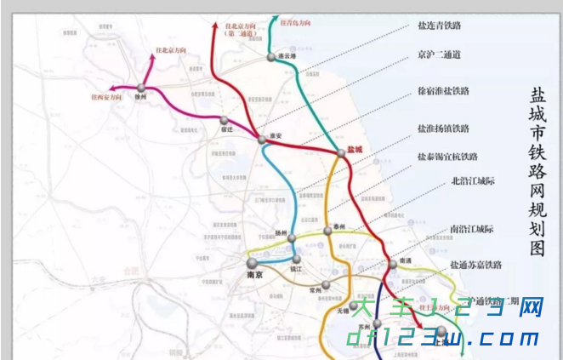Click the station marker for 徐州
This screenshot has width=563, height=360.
(x=141, y=87)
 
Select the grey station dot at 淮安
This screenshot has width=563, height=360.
(x=262, y=138)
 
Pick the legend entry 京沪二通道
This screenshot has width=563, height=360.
(x=439, y=55)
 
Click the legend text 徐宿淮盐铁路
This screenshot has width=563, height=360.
(x=443, y=90)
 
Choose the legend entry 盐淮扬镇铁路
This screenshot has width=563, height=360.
(x=443, y=129)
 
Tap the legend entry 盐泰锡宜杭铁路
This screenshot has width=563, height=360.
(x=446, y=157)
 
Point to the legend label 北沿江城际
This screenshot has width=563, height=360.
(x=473, y=180)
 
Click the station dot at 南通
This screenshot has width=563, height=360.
(x=393, y=265)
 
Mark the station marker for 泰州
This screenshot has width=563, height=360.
(x=339, y=227)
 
